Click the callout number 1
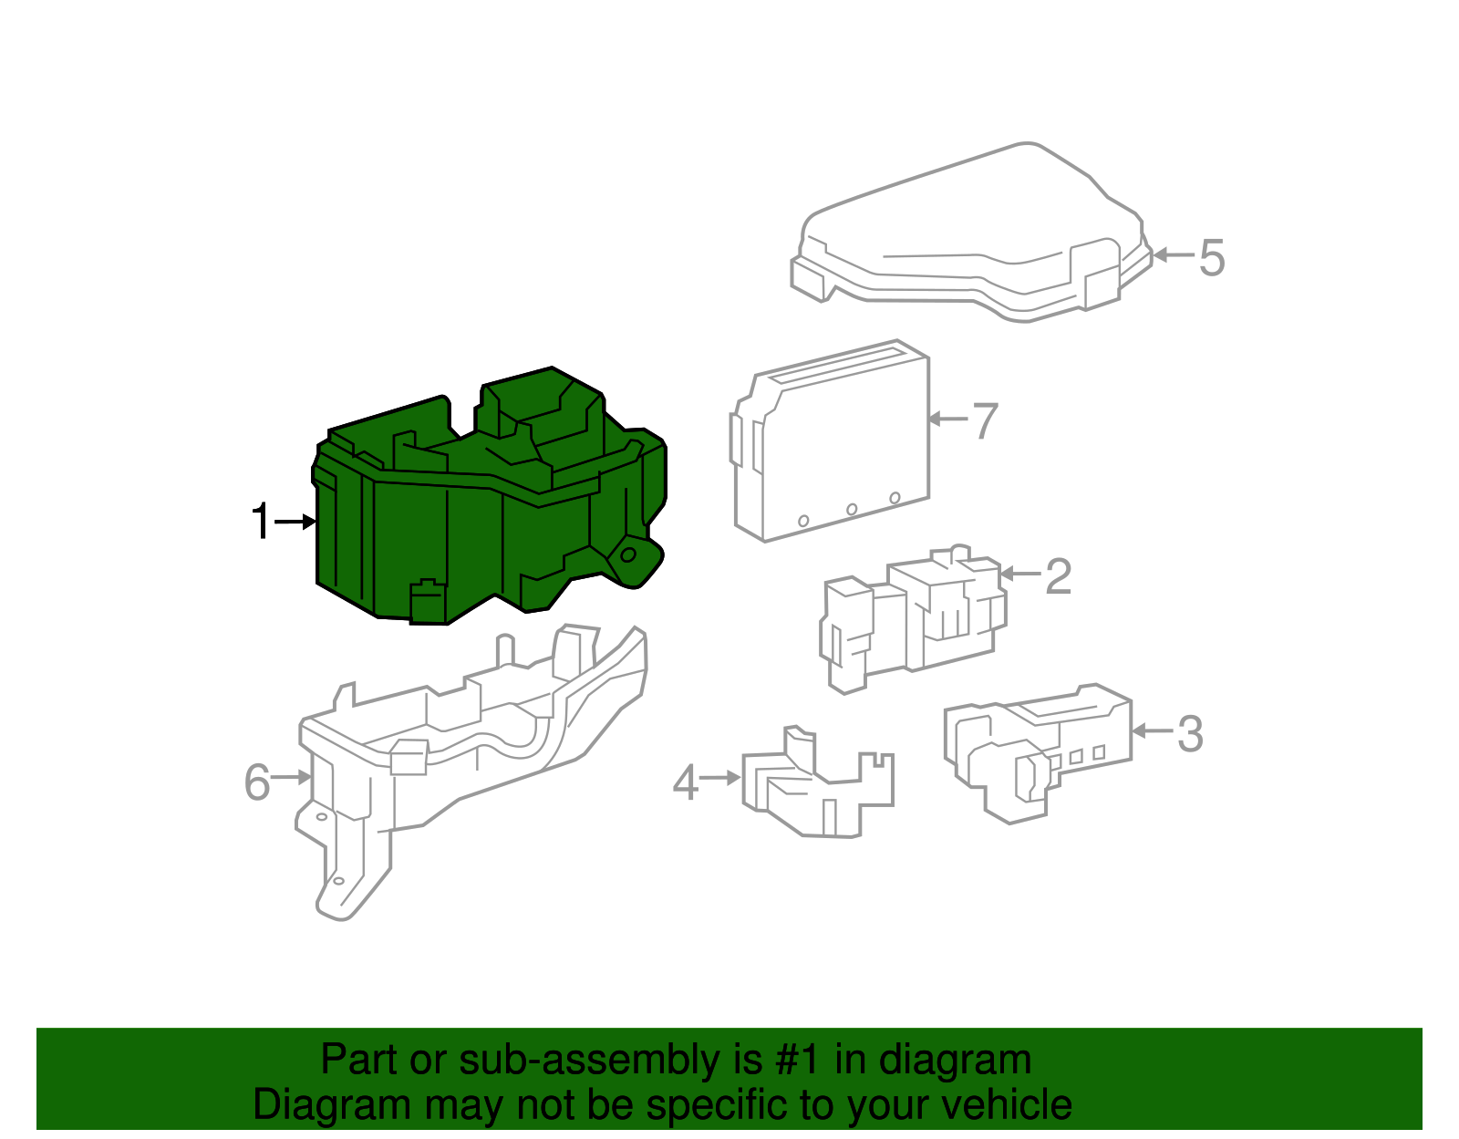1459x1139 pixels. [261, 522]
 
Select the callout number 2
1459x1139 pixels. [1058, 576]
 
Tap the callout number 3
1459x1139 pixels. [1189, 734]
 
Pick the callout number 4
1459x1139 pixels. [686, 782]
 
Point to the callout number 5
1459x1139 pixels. [1211, 257]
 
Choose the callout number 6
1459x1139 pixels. [257, 782]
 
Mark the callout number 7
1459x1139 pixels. [985, 421]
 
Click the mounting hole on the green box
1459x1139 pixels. [628, 554]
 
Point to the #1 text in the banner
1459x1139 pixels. [799, 1060]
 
